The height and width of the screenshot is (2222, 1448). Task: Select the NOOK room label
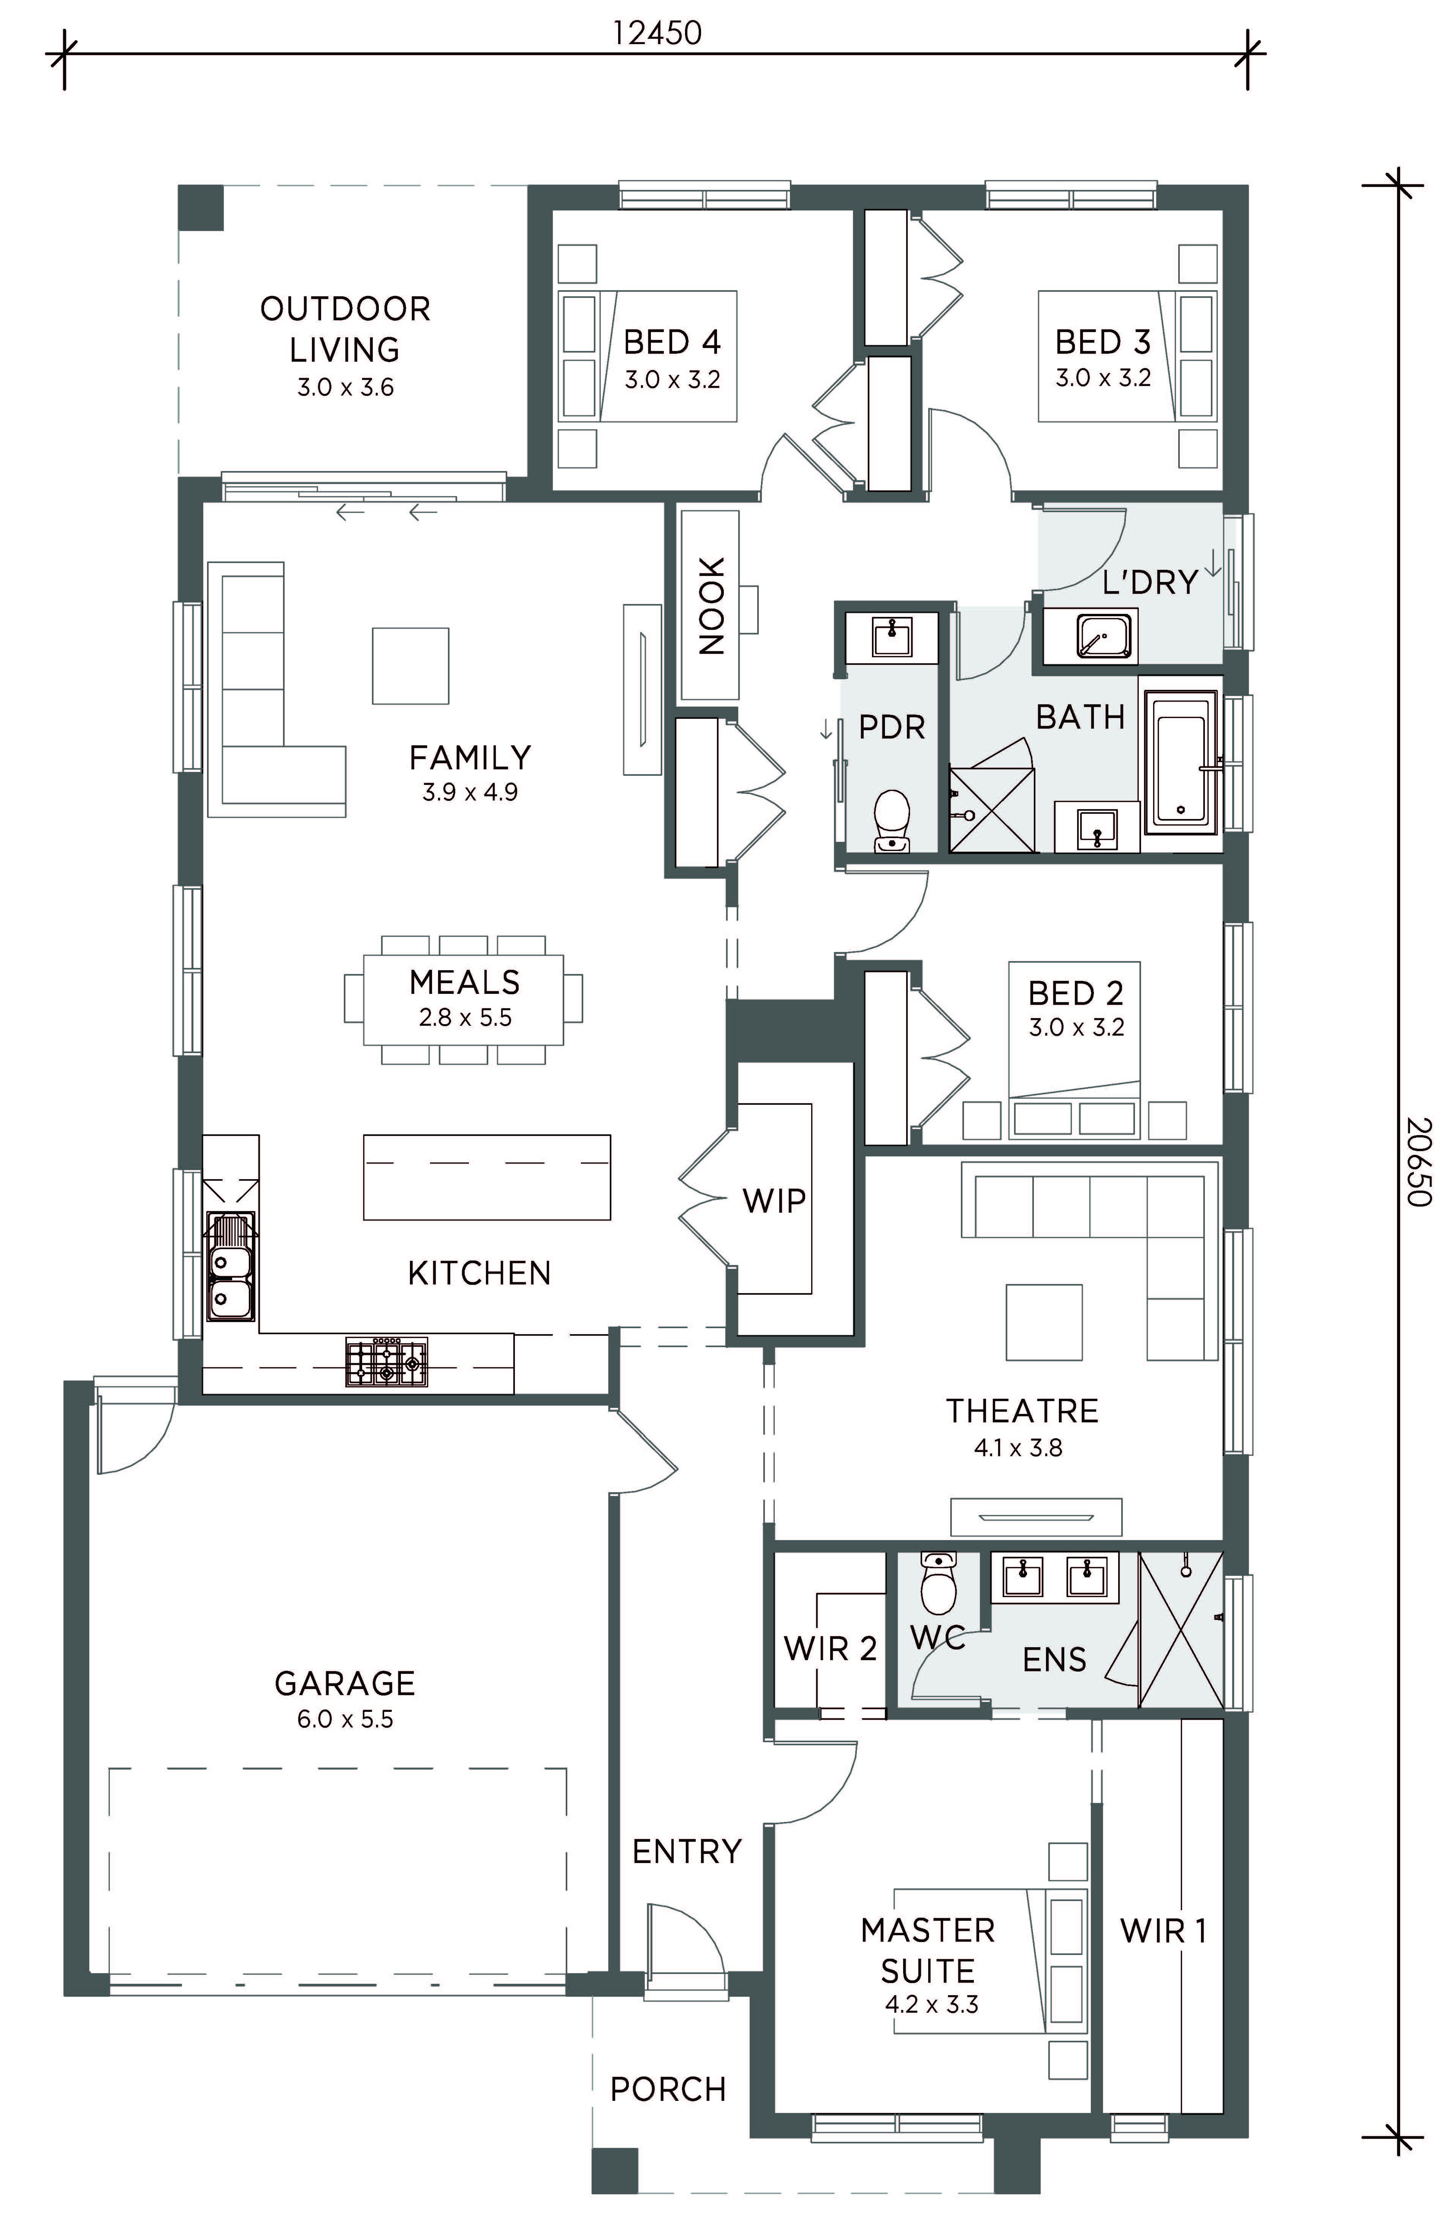click(711, 606)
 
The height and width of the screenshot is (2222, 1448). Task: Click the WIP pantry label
click(774, 1200)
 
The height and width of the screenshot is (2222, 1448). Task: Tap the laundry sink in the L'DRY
click(1105, 635)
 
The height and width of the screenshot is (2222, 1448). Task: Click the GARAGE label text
click(345, 1683)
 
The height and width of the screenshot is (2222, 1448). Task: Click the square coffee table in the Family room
click(411, 666)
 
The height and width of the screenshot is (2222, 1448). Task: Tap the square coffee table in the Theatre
click(1044, 1322)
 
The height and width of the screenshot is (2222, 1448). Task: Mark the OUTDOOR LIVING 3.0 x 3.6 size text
click(345, 387)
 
